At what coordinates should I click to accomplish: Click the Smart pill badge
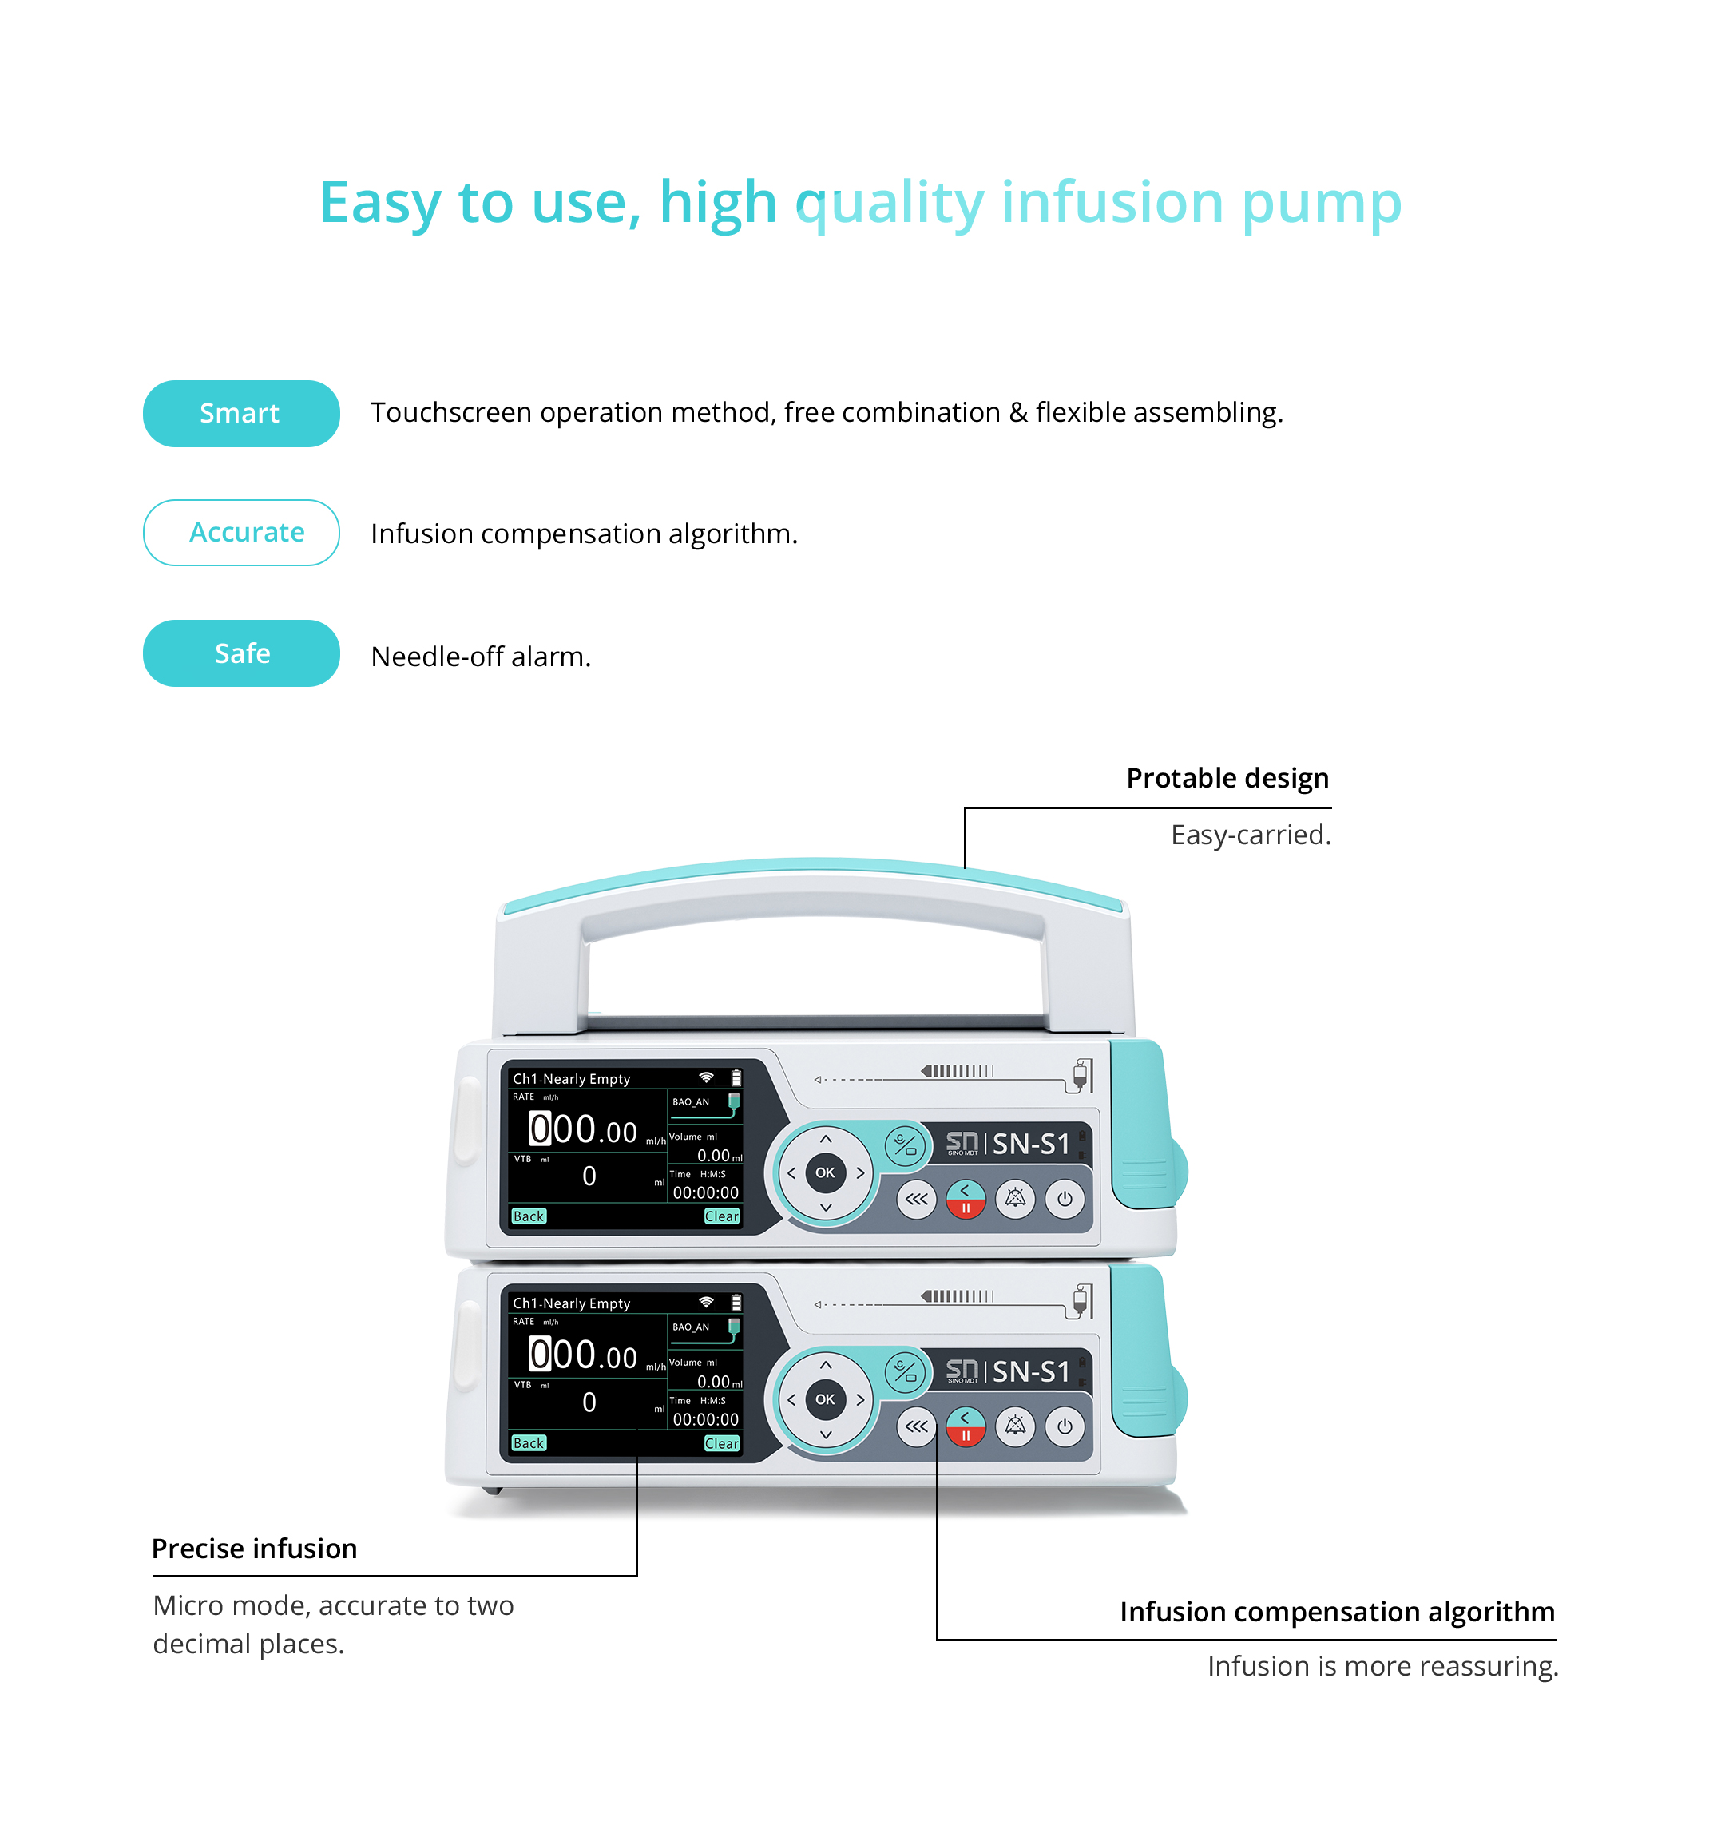point(241,413)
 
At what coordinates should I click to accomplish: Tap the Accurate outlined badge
point(241,533)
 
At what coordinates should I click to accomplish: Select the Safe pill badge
point(241,653)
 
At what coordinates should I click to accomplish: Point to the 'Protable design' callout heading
point(1227,779)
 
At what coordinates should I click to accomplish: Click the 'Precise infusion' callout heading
point(254,1549)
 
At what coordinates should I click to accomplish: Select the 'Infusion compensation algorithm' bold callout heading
point(1337,1612)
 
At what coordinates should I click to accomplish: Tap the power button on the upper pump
point(1065,1199)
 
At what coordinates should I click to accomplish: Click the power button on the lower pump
point(1065,1426)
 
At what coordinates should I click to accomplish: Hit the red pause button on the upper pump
point(965,1199)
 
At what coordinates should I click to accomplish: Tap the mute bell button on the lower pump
point(1015,1426)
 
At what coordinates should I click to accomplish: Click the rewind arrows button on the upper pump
point(916,1199)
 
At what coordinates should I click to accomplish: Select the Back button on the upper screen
point(529,1216)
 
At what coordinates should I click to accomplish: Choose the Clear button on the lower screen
point(721,1443)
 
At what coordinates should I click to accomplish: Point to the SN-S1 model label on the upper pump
point(1030,1144)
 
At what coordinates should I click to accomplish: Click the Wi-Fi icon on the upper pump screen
point(706,1077)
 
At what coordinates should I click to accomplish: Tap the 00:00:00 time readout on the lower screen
point(706,1419)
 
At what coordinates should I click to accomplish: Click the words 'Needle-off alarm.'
point(480,657)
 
